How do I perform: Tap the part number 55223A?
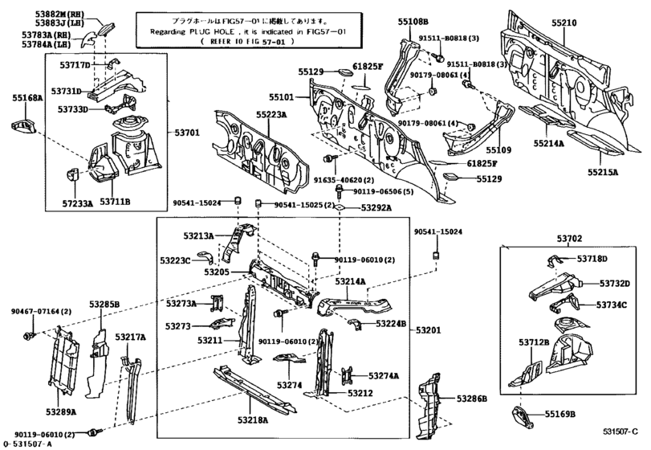point(271,116)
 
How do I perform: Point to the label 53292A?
point(376,208)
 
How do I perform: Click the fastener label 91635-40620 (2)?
point(339,180)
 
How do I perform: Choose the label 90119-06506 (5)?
point(384,191)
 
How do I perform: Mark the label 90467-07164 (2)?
point(42,311)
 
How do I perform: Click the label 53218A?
point(254,419)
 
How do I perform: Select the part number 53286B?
point(472,399)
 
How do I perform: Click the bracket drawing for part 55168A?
point(23,126)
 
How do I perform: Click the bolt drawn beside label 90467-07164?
point(30,333)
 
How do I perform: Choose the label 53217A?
point(130,337)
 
